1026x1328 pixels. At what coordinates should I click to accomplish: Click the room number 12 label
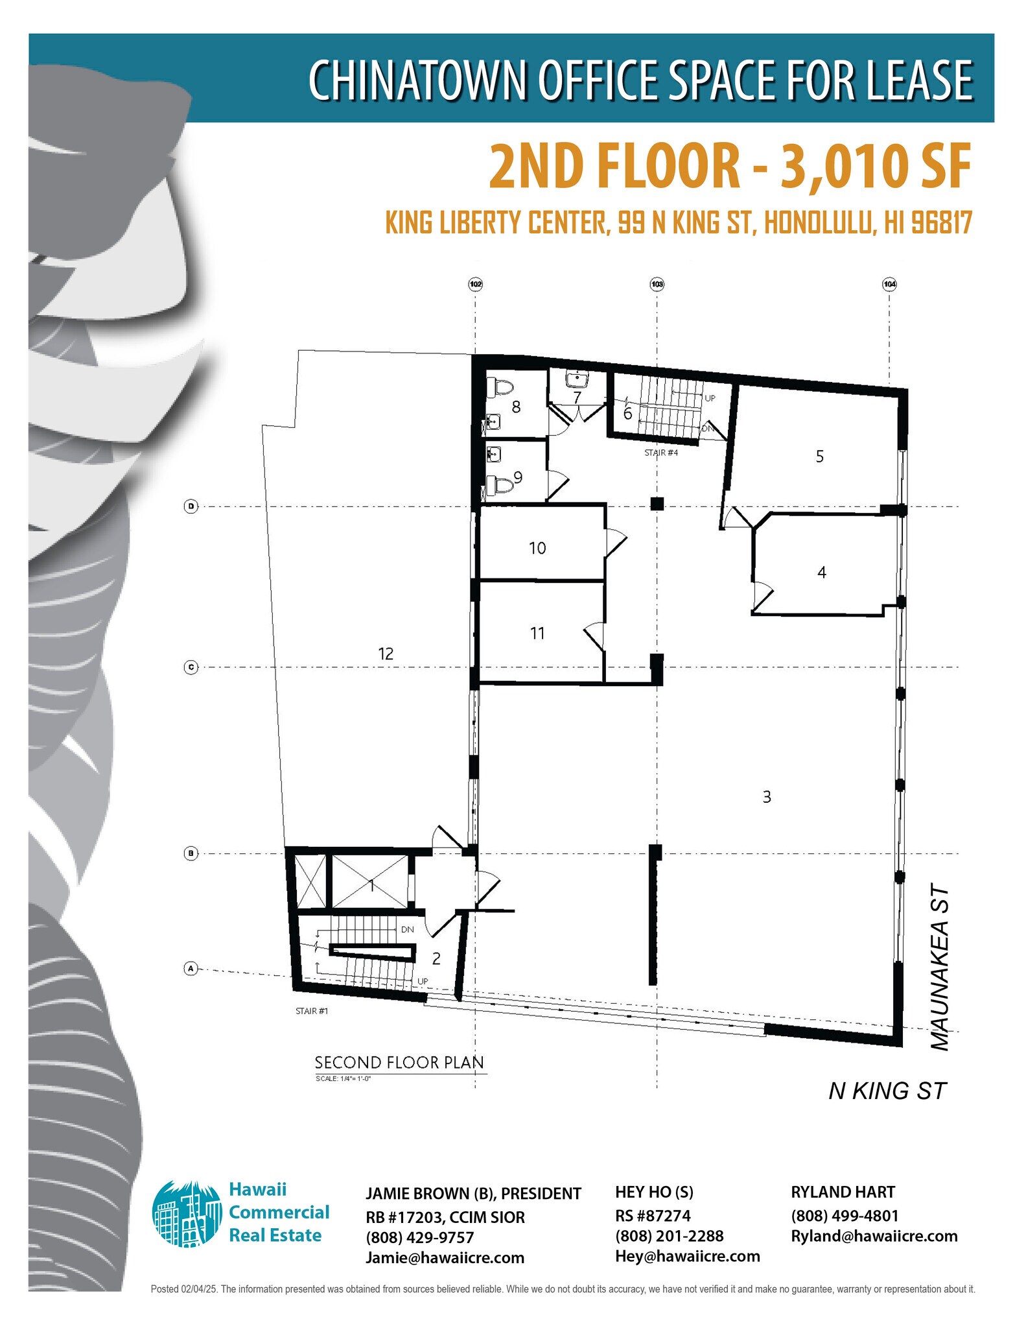[386, 654]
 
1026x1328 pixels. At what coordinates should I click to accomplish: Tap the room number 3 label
[767, 797]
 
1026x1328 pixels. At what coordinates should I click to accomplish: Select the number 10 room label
[537, 549]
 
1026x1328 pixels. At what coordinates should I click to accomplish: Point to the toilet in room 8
[501, 388]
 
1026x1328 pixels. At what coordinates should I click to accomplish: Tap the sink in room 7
[576, 378]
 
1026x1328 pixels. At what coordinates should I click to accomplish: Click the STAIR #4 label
[660, 453]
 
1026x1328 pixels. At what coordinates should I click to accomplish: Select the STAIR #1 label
[311, 1011]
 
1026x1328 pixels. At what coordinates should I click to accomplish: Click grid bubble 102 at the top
[476, 284]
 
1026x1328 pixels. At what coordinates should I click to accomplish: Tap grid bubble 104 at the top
[889, 284]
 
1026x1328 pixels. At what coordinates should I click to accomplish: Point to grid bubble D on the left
[191, 506]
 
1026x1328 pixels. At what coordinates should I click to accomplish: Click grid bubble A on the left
[191, 969]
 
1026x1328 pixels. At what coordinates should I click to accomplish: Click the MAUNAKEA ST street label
[939, 967]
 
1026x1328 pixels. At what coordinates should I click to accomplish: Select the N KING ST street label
[887, 1091]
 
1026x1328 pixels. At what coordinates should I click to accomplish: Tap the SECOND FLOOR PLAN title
[399, 1062]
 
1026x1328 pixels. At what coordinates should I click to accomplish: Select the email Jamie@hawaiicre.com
[445, 1258]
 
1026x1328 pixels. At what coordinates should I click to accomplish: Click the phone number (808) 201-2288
[669, 1236]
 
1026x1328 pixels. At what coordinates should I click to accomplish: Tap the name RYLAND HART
[843, 1192]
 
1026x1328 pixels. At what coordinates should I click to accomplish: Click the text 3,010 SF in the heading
[876, 167]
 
